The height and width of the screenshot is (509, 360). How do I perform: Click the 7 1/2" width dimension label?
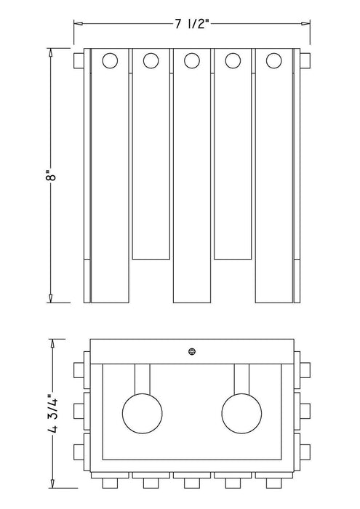click(x=191, y=23)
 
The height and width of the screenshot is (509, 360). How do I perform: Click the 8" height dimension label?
click(x=52, y=177)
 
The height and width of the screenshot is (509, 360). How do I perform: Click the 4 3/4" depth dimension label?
click(x=52, y=414)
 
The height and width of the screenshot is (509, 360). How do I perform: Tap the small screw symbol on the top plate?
click(x=192, y=351)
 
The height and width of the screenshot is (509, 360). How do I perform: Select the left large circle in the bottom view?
click(x=143, y=414)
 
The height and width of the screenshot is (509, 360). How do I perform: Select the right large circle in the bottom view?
click(x=242, y=414)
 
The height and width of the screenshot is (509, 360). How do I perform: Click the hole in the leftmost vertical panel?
click(x=110, y=60)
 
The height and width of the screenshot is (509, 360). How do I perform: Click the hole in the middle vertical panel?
click(x=192, y=60)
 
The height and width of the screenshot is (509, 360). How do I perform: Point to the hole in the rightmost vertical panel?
click(x=273, y=60)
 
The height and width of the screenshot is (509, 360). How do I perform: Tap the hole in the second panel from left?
click(x=151, y=60)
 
